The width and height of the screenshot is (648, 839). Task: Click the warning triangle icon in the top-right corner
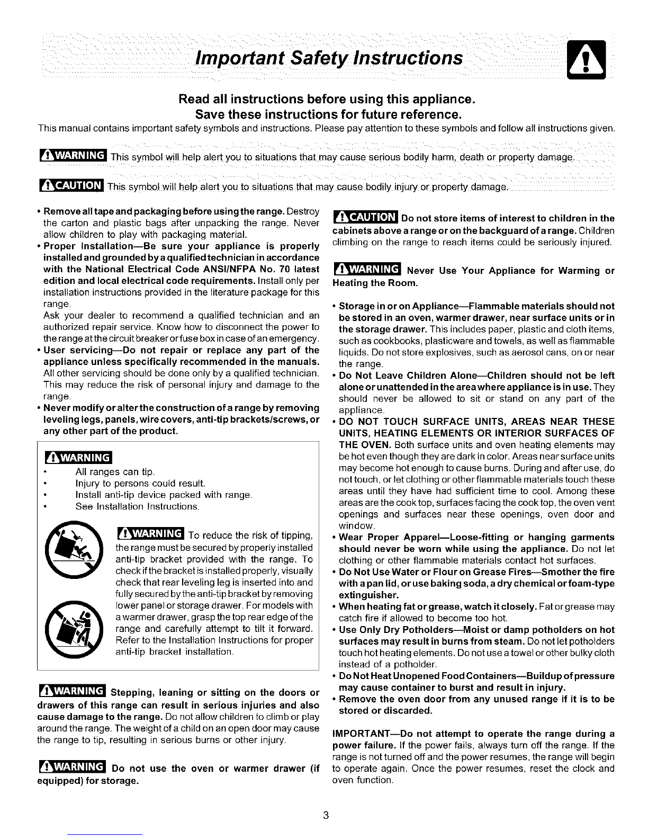pos(584,59)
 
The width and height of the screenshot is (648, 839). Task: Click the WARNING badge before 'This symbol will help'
pos(73,157)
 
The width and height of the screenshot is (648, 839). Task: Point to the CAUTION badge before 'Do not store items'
pos(365,218)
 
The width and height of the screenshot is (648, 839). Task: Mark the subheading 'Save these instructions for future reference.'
pos(326,114)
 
